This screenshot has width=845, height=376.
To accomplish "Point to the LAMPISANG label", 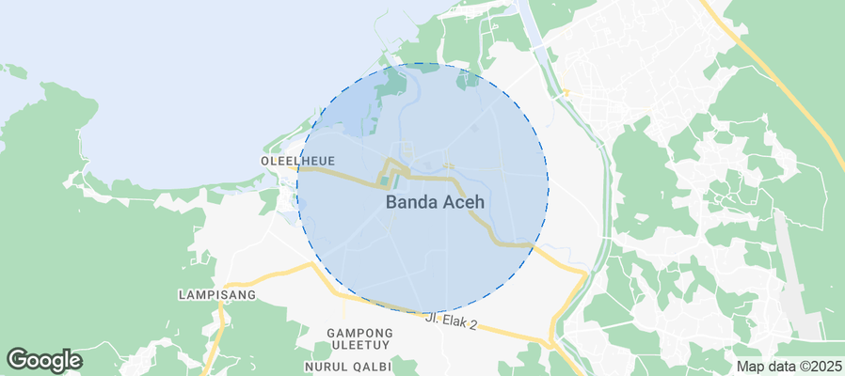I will coord(216,294).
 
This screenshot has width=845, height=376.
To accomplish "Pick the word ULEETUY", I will coord(359,346).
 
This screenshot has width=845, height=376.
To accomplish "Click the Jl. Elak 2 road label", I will coord(451,322).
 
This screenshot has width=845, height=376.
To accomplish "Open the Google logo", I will coord(44,359).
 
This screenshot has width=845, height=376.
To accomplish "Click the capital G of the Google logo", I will coord(19,359).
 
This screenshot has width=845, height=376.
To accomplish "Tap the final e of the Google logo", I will coord(75,361).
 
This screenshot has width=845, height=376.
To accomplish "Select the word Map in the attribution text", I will coord(750,367).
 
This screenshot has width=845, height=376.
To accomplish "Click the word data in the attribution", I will coord(780,367).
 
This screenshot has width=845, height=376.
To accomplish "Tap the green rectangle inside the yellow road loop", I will coord(393,178).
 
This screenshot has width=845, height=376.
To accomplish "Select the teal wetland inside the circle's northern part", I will coord(391,89).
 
